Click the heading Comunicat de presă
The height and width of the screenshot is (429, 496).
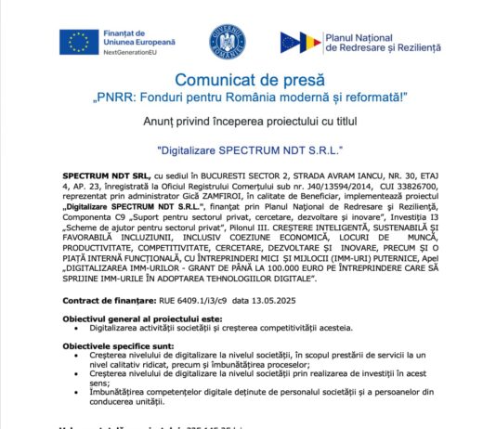tap(246, 81)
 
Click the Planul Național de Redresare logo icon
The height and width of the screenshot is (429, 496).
tap(297, 42)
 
